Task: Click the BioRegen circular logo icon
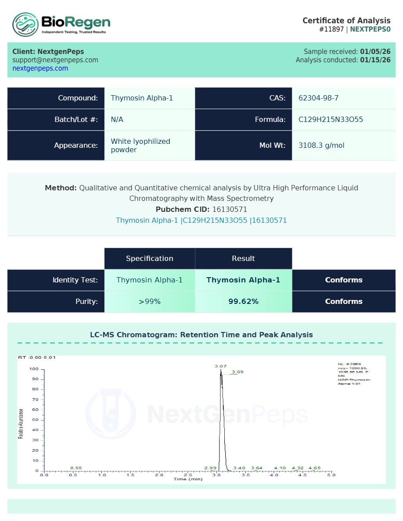[25, 24]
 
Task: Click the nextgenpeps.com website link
[40, 68]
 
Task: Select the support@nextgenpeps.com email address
[55, 60]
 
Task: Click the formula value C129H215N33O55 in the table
[331, 120]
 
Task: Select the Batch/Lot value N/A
[117, 120]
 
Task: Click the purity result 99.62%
[243, 302]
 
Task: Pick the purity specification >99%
[150, 302]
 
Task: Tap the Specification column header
[149, 259]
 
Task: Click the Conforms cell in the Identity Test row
[344, 280]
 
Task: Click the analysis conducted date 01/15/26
[375, 60]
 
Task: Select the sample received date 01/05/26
[375, 52]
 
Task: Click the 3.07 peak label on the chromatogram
[220, 366]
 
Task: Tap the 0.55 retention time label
[76, 468]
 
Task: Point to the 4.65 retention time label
[314, 468]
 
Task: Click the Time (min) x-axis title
[188, 479]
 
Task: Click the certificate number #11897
[332, 29]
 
